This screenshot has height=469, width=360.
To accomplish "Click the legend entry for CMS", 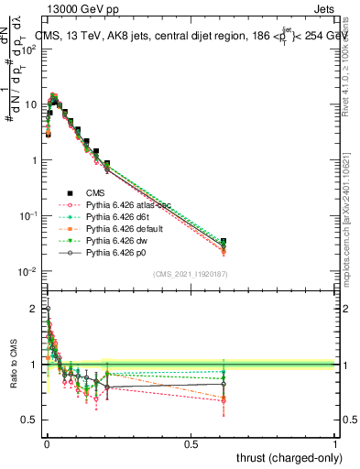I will [96, 193].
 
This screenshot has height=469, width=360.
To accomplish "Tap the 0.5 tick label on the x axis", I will [191, 443].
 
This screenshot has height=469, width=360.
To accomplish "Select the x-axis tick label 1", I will [334, 443].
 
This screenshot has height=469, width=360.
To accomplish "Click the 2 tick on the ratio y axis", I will [34, 309].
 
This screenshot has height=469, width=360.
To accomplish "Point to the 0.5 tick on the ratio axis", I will [31, 420].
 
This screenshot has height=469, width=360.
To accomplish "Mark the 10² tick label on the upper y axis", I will [29, 49].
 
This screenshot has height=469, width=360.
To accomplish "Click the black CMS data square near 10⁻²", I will [326, 241].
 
